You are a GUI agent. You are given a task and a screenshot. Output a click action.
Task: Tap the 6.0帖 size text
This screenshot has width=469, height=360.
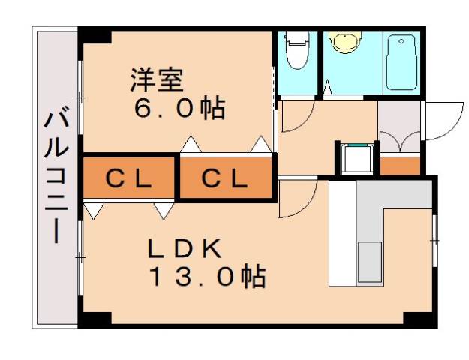pos(179,109)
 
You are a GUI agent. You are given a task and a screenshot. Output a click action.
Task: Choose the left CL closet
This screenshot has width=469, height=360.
pos(128,178)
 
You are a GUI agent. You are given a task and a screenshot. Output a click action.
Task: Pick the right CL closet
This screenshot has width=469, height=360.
pos(224,178)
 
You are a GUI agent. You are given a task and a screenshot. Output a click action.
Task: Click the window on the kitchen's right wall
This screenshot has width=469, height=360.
pos(434,240)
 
